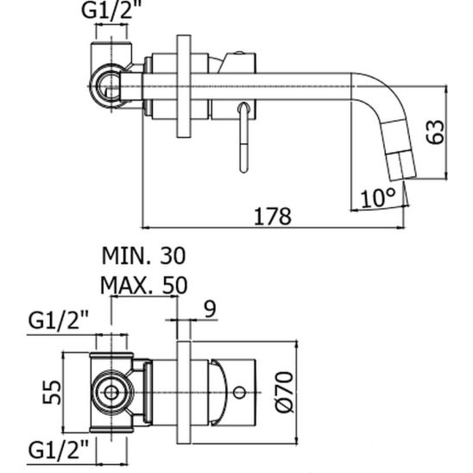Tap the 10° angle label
[376, 197]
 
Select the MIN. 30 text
[143, 255]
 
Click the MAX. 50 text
[143, 285]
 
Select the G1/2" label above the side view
[111, 12]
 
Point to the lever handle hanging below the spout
[243, 134]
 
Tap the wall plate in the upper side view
[183, 85]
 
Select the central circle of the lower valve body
[110, 393]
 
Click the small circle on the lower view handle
[238, 393]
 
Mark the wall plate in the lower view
[183, 393]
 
